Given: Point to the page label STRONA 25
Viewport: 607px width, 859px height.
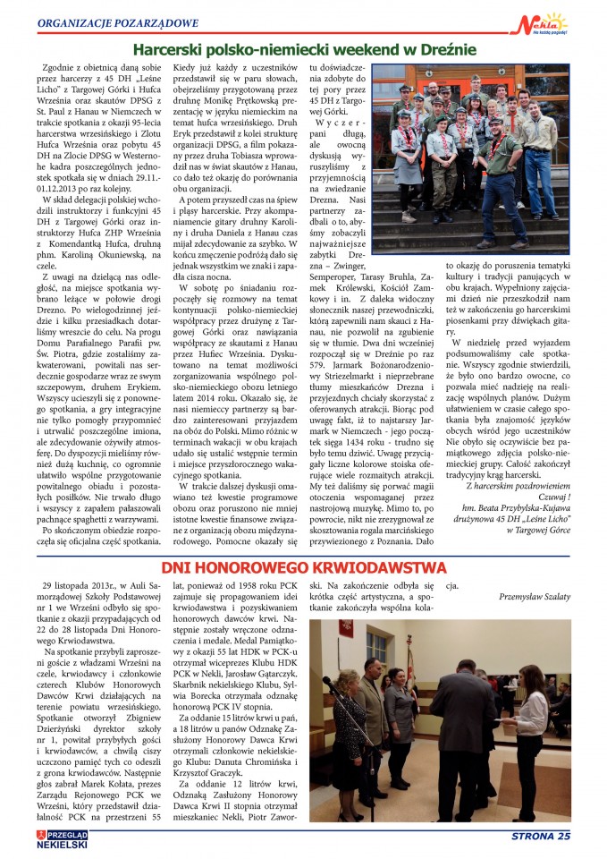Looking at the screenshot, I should (540, 837).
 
